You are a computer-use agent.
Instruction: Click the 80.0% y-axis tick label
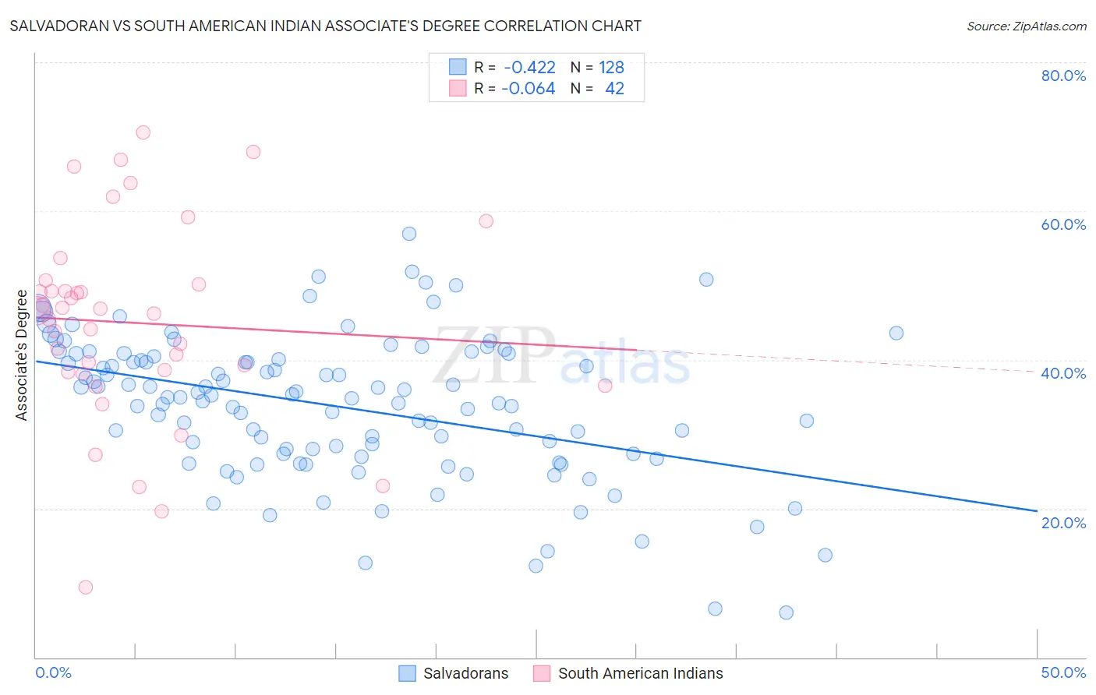pos(1063,76)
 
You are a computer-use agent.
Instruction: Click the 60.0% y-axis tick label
pos(1063,224)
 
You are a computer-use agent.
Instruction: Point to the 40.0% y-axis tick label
pos(1063,373)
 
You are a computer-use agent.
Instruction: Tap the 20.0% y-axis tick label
pos(1063,523)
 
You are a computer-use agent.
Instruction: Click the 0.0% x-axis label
pos(53,672)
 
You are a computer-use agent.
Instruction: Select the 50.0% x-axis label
pos(1063,672)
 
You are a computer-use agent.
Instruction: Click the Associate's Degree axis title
pos(22,355)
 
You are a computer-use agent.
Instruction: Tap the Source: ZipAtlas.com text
pos(1026,26)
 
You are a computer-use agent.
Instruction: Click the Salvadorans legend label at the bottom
pos(465,673)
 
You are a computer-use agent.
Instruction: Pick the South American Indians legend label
pos(640,673)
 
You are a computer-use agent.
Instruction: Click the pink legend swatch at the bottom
pos(542,673)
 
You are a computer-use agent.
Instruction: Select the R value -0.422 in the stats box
pos(529,68)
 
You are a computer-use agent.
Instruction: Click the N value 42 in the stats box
pos(614,89)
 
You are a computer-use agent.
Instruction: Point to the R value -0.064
pos(528,89)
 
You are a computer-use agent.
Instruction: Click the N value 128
pos(611,68)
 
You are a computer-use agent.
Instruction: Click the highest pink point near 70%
pos(143,132)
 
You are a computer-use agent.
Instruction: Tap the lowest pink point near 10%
pos(86,587)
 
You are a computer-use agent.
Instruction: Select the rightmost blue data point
pos(896,333)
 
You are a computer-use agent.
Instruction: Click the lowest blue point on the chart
pos(786,612)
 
